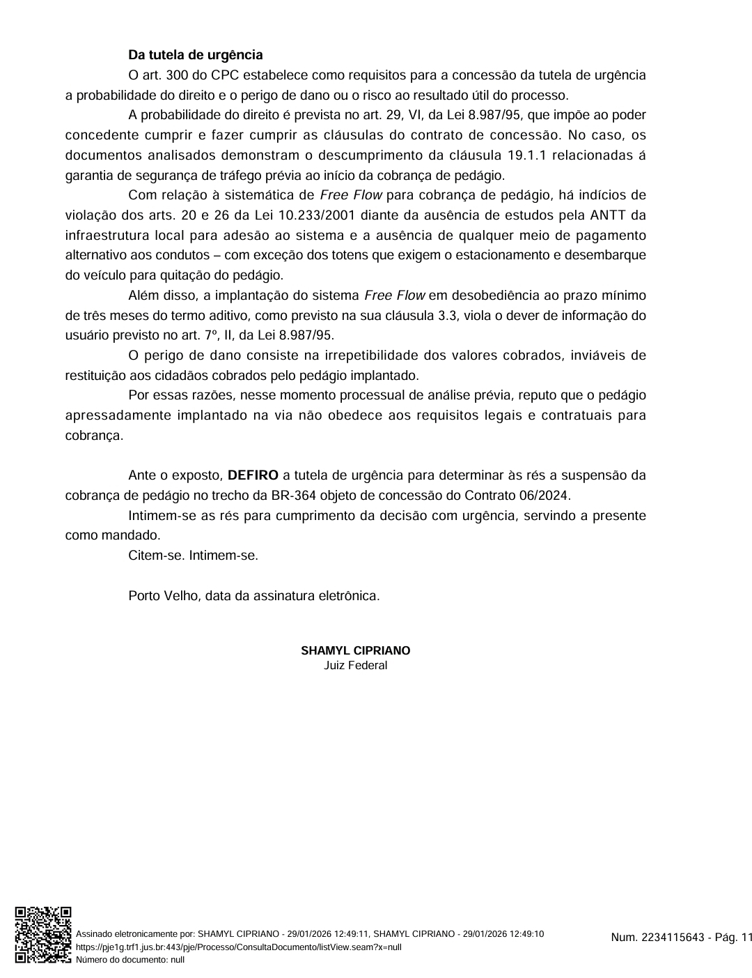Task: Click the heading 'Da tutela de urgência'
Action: click(195, 54)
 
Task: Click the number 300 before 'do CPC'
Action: click(177, 75)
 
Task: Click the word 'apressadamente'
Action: click(117, 415)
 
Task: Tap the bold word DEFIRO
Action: click(253, 475)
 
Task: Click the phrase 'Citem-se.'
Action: click(157, 556)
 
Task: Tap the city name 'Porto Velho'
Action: click(164, 596)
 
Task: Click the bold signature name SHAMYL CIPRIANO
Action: click(355, 650)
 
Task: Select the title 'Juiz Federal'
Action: click(355, 665)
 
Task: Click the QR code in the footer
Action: click(43, 935)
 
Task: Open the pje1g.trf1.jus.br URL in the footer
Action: click(238, 947)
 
